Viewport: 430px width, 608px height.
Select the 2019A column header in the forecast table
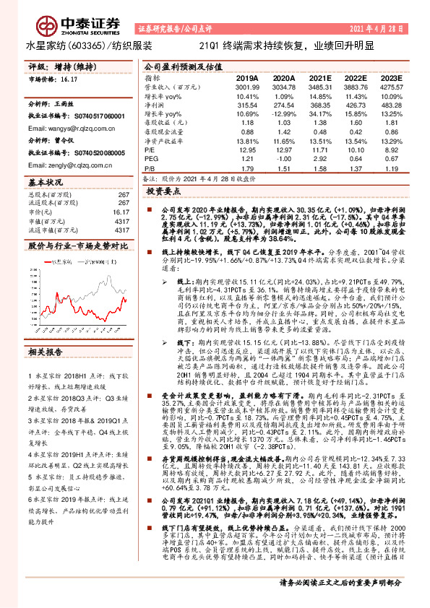coord(247,77)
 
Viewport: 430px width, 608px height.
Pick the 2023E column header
coord(390,77)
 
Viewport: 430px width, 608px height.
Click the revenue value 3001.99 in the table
coord(247,86)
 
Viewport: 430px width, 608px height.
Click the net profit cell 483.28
coord(392,105)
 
